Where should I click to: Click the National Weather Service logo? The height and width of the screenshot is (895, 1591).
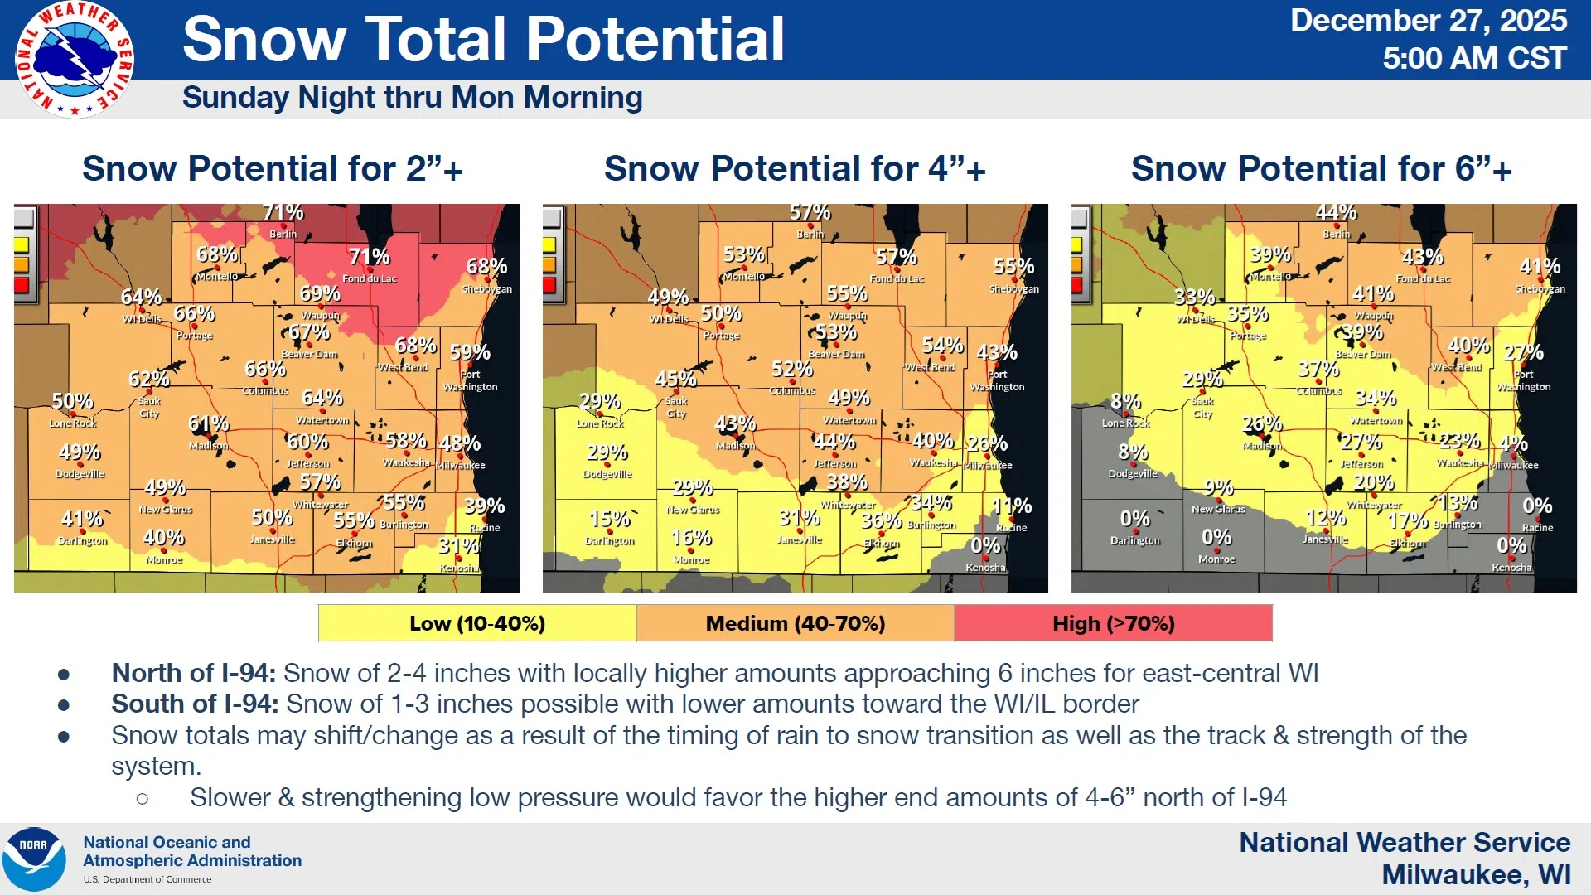tap(75, 60)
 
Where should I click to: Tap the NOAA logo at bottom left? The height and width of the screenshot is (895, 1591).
tap(33, 859)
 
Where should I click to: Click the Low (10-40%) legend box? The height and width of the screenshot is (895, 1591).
tap(477, 623)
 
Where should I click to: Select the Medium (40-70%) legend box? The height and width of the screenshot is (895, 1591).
tap(795, 623)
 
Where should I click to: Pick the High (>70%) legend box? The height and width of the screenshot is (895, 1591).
tap(1113, 623)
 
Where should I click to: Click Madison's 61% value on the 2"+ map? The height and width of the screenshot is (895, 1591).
tap(208, 424)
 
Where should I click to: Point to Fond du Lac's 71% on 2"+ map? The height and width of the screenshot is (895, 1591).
tap(369, 257)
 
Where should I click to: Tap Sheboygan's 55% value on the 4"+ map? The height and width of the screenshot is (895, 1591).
tap(1013, 267)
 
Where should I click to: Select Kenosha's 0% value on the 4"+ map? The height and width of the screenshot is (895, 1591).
tap(985, 546)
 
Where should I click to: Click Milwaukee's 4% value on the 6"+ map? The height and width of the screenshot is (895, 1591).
tap(1513, 443)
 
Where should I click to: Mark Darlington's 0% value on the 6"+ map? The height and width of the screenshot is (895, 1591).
tap(1134, 519)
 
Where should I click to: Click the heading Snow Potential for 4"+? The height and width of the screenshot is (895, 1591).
tap(795, 169)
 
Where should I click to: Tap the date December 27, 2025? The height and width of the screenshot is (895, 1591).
tap(1428, 21)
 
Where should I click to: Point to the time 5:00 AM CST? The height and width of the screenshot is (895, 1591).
tap(1474, 59)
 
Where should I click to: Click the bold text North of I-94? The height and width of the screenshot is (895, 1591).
tap(194, 673)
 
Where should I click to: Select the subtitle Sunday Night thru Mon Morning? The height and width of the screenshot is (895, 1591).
tap(412, 98)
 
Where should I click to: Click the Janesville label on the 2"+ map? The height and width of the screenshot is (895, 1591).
tap(273, 539)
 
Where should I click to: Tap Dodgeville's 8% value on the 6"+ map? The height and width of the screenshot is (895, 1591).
tap(1133, 452)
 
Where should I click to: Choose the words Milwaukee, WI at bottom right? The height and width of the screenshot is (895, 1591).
tap(1476, 874)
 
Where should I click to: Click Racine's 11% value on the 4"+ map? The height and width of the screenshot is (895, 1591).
tap(1012, 506)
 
